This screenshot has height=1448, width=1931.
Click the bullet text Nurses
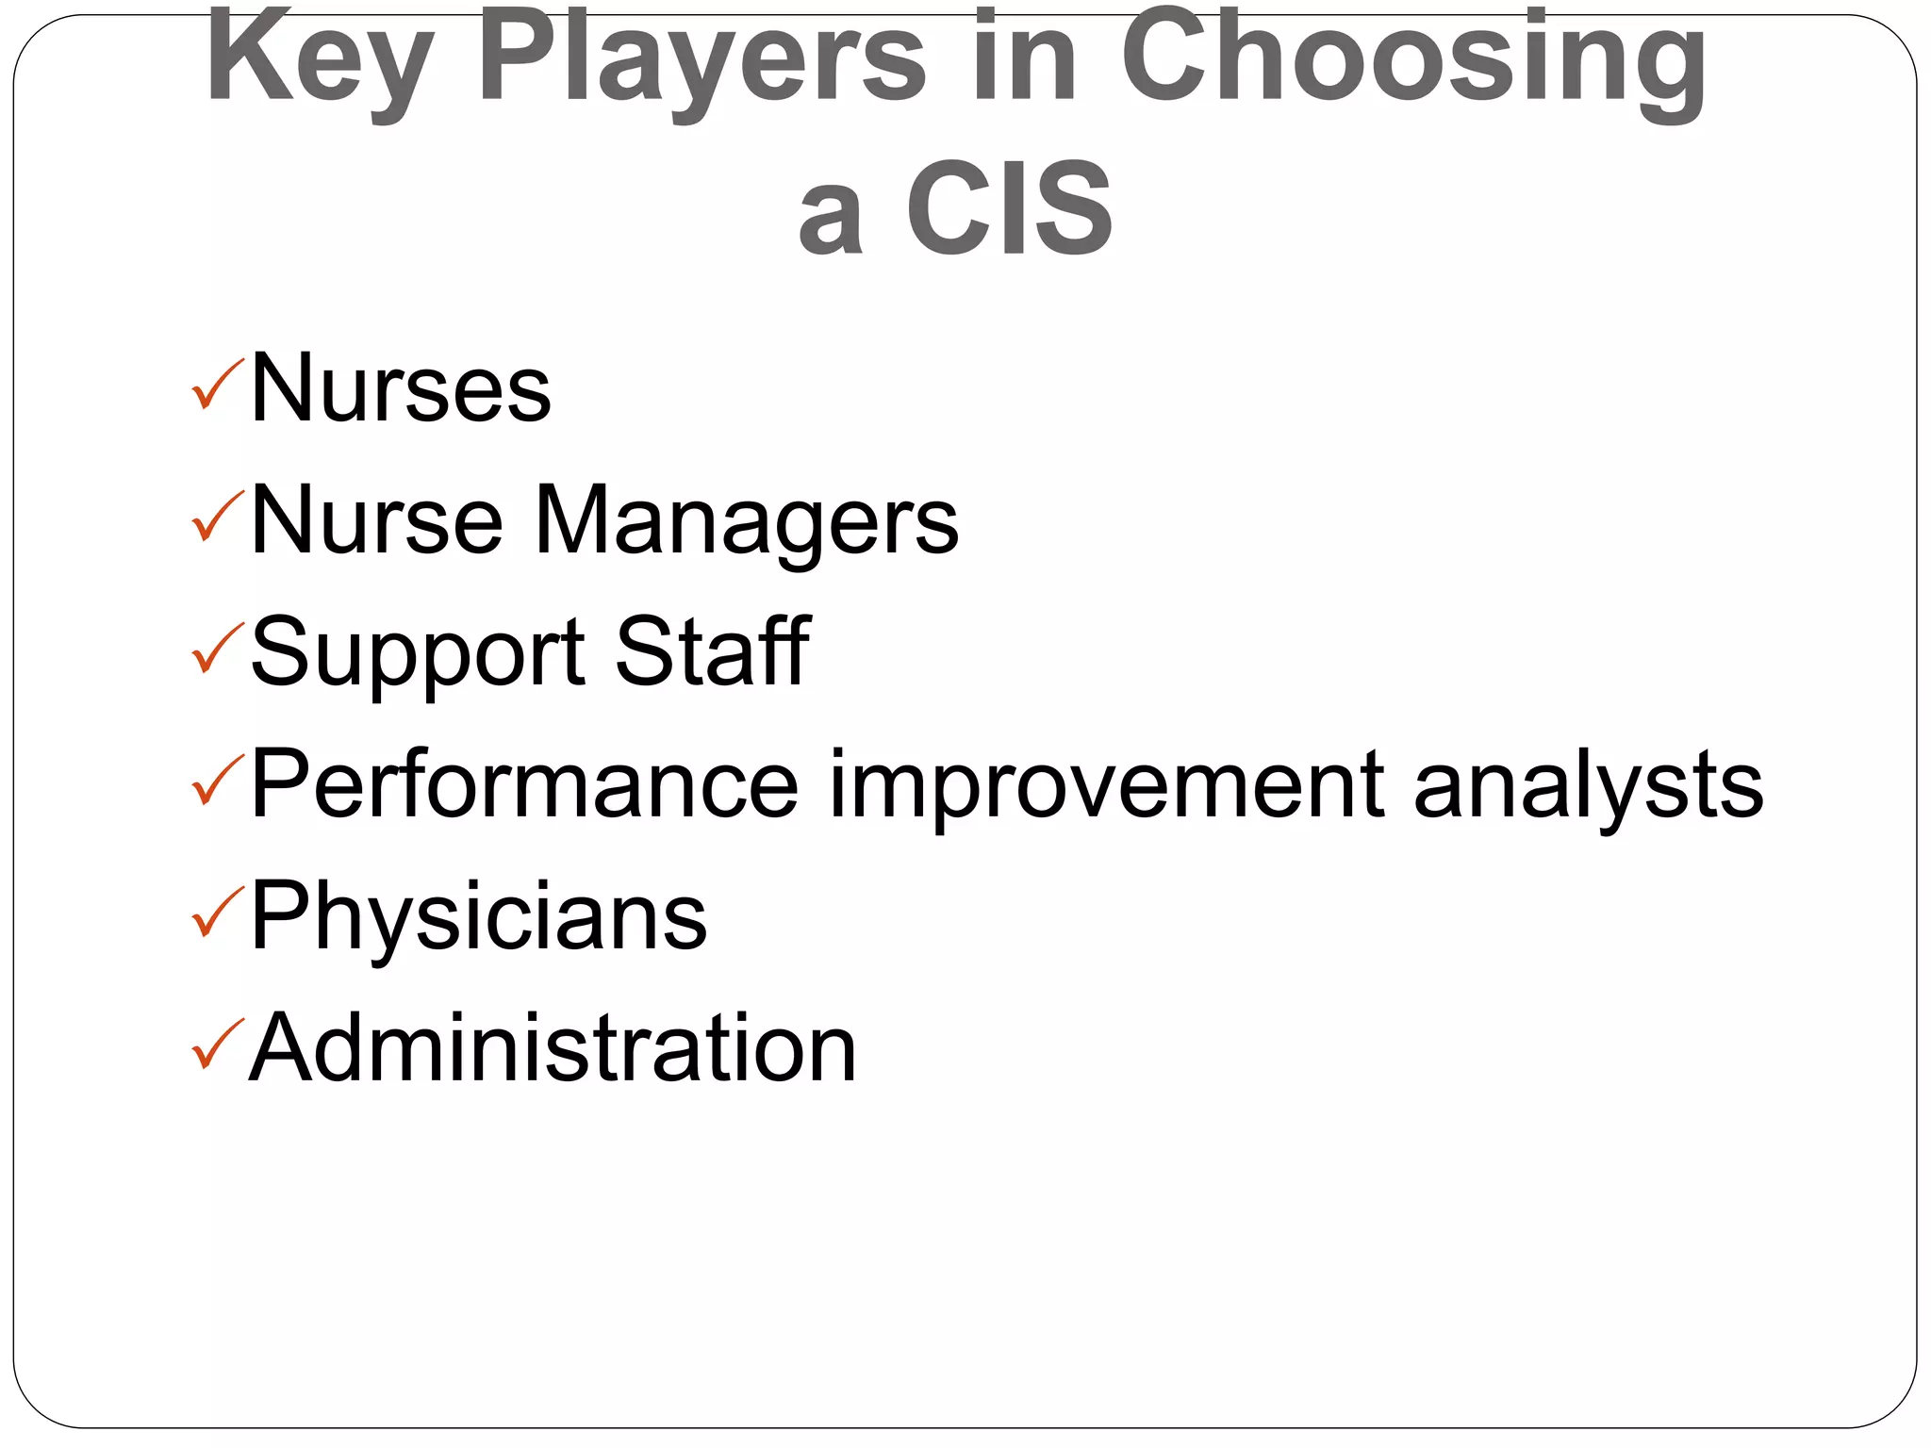pos(400,388)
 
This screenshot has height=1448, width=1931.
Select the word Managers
pos(747,522)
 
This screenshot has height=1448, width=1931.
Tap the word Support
pos(418,654)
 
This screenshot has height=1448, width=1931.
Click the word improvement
pos(1107,785)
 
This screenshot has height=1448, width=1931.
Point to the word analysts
pos(1588,785)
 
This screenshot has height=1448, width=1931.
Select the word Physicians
pos(478,917)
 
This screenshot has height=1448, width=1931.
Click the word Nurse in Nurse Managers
pos(376,520)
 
